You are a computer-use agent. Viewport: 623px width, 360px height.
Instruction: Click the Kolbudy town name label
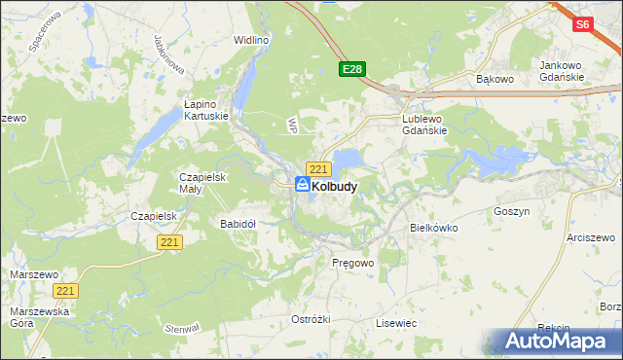(334, 185)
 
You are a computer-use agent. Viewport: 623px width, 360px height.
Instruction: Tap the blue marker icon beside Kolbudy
(303, 184)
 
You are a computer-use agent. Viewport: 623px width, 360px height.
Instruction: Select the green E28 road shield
(352, 69)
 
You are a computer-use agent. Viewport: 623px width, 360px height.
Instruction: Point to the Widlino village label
(251, 40)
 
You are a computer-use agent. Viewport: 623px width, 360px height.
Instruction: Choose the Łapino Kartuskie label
(206, 109)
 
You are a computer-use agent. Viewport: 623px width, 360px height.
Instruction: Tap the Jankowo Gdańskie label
(562, 71)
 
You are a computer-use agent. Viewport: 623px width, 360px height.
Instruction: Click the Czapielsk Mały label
(202, 183)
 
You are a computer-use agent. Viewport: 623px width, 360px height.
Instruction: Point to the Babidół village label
(238, 223)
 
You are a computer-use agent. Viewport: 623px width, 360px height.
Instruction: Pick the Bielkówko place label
(433, 227)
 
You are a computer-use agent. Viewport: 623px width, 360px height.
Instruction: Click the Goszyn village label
(511, 210)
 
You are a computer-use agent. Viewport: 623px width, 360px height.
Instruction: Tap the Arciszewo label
(594, 236)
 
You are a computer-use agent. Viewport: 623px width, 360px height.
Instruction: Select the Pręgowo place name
(352, 263)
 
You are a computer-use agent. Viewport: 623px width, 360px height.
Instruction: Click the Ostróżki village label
(311, 319)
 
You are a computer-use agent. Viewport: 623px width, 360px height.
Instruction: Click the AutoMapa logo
(551, 342)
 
